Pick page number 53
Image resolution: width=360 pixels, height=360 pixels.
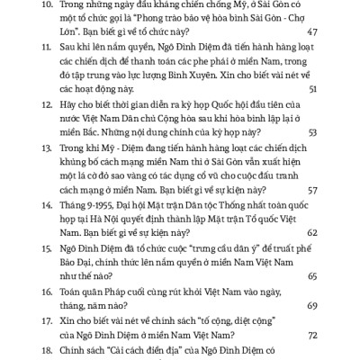[x=311, y=133]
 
